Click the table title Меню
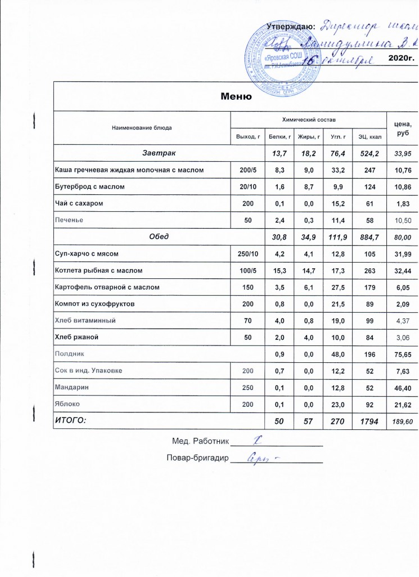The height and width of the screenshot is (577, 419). (235, 96)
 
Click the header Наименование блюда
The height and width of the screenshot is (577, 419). (142, 128)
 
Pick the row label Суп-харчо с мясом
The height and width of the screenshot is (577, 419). (87, 254)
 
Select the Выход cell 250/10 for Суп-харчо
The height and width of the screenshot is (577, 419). (248, 254)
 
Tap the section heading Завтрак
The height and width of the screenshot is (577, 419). (159, 153)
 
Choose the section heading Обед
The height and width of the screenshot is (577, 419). (159, 237)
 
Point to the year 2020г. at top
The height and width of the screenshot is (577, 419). (402, 58)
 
